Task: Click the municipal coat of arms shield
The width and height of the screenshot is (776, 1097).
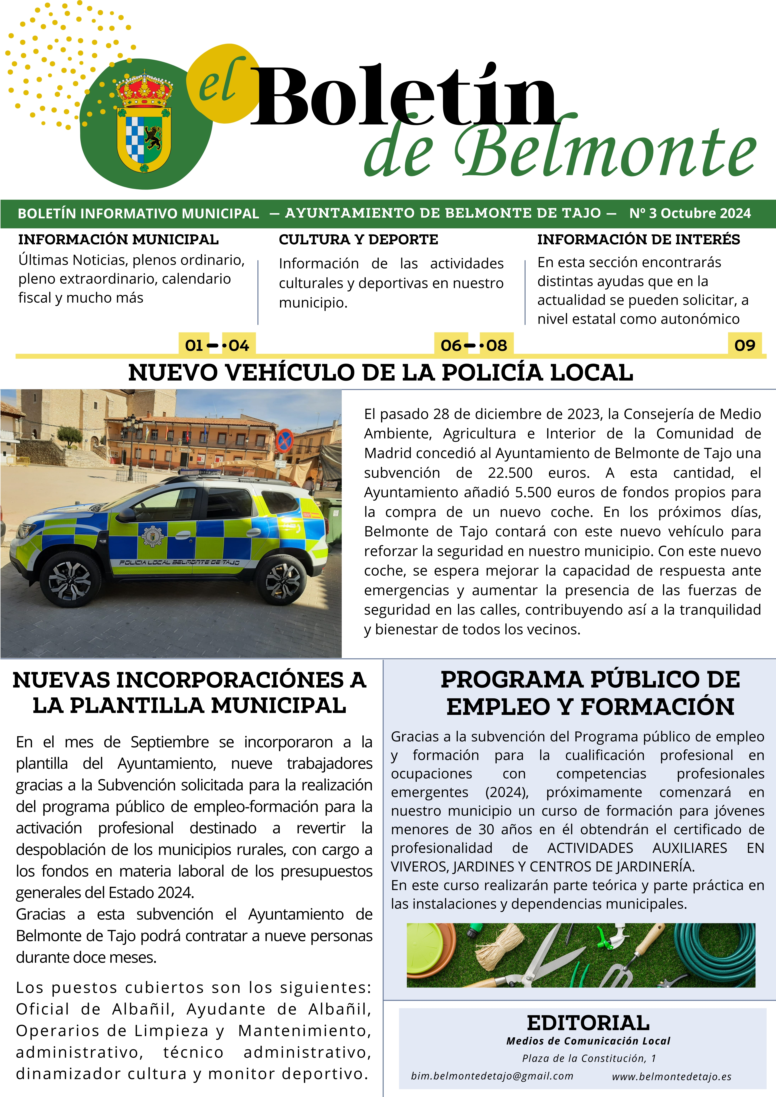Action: (144, 138)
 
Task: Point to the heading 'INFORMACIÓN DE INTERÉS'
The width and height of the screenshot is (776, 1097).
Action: (638, 239)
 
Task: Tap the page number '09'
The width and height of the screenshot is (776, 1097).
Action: (744, 345)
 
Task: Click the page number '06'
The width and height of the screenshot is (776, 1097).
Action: (451, 345)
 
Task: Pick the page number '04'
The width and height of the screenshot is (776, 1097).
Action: (239, 345)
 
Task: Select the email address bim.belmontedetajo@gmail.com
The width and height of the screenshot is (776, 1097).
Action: (492, 1076)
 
